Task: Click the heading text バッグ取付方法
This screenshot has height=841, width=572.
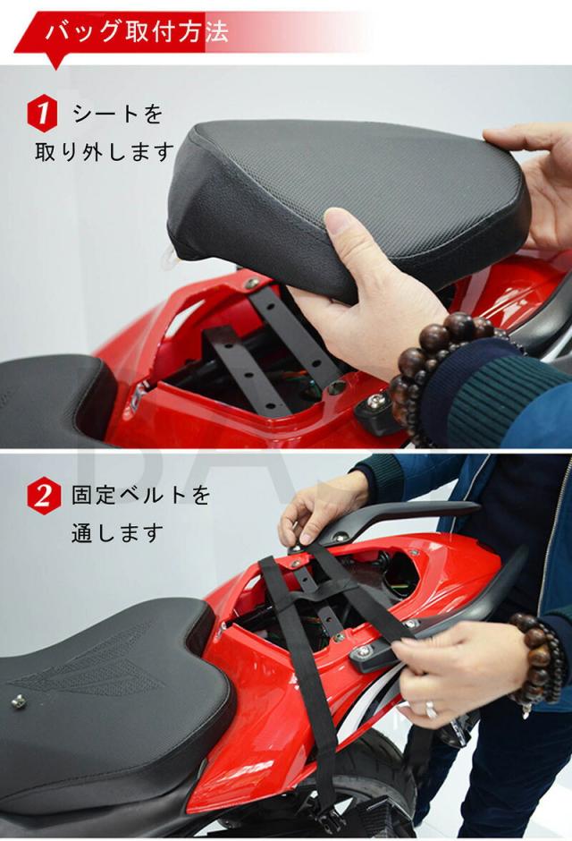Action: pyautogui.click(x=137, y=31)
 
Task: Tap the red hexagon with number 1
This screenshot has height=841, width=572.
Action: pyautogui.click(x=42, y=113)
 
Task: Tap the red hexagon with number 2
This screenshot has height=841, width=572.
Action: pyautogui.click(x=42, y=497)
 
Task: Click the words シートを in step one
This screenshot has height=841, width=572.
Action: pyautogui.click(x=117, y=115)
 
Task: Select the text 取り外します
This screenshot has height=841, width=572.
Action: pyautogui.click(x=105, y=152)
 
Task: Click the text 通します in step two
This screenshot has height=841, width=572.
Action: pyautogui.click(x=117, y=533)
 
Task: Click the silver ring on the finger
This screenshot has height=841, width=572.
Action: pyautogui.click(x=431, y=709)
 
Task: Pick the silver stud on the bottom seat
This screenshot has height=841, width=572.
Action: pyautogui.click(x=19, y=701)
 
